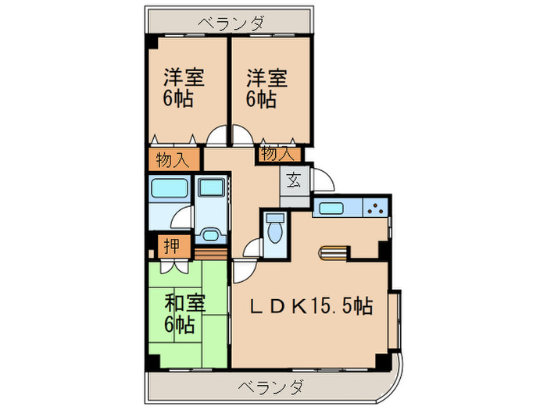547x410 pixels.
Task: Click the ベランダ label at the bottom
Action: pyautogui.click(x=270, y=386)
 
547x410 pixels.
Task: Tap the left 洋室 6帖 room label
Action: pyautogui.click(x=184, y=88)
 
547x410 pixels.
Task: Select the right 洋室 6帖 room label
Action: pyautogui.click(x=267, y=88)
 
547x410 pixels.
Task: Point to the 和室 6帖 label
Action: pyautogui.click(x=184, y=312)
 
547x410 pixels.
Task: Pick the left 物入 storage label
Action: pyautogui.click(x=172, y=161)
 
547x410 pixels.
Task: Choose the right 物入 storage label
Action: pyautogui.click(x=277, y=154)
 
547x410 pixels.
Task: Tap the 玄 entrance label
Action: pyautogui.click(x=292, y=180)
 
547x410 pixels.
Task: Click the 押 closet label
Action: pyautogui.click(x=172, y=247)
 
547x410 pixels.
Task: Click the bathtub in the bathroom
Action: pyautogui.click(x=170, y=189)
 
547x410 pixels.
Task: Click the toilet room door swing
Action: pyautogui.click(x=252, y=249)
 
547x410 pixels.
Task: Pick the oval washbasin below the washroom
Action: pyautogui.click(x=209, y=234)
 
